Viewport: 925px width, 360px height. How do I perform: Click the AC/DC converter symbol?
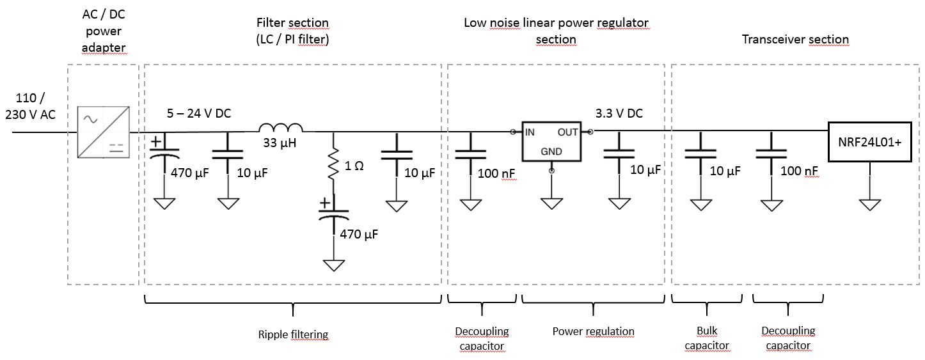pos(102,132)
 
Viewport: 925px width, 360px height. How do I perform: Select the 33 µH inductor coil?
pos(280,127)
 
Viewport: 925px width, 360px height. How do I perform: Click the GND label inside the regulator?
pos(551,152)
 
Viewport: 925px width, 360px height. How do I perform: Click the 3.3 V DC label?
pos(619,113)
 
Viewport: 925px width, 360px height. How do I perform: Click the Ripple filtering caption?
pos(293,334)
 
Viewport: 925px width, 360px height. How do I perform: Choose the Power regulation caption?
pos(593,331)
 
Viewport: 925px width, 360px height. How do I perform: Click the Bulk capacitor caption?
pos(706,338)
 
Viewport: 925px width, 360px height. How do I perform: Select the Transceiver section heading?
pos(795,40)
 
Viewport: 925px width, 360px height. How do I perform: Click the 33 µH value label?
pos(280,143)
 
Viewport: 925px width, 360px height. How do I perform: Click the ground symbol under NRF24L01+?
pos(870,204)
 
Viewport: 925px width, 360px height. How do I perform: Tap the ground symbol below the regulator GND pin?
pos(551,204)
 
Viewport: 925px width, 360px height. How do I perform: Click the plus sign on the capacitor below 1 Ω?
pos(325,203)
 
